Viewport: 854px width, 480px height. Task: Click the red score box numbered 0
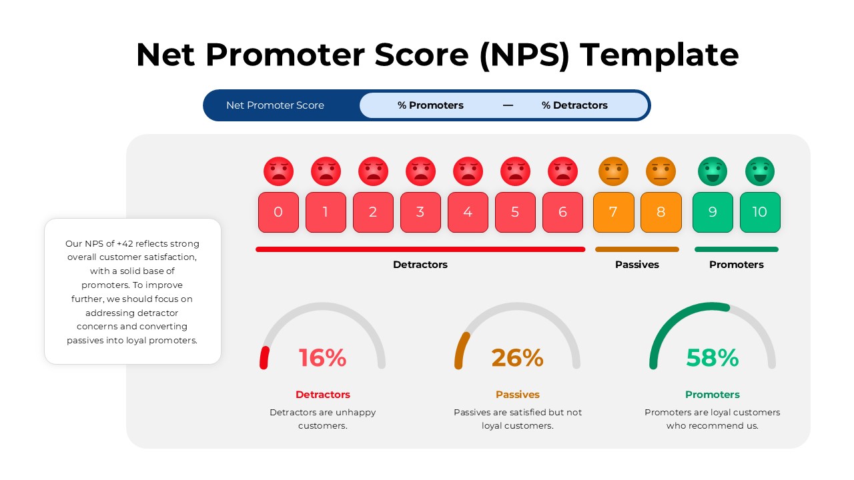coord(278,212)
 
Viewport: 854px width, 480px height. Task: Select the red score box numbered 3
coord(420,212)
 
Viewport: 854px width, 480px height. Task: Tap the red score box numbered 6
coord(562,212)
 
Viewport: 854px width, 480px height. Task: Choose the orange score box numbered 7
coord(613,212)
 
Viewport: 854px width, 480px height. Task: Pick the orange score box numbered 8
coord(661,212)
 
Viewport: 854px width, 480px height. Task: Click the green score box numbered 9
coord(713,212)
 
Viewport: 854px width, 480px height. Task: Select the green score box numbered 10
coord(760,212)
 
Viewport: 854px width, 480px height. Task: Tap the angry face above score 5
coord(515,171)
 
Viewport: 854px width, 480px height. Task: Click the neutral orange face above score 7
coord(613,171)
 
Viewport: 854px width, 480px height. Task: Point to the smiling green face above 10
coord(760,171)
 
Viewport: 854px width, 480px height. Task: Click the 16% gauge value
coord(322,358)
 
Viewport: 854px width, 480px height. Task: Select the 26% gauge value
coord(517,358)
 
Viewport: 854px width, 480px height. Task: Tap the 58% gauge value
coord(713,358)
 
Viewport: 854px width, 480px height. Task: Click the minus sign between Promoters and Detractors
coord(508,105)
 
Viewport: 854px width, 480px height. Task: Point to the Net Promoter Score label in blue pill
coord(275,105)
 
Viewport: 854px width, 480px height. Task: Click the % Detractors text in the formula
coord(574,105)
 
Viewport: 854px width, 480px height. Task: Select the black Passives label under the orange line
coord(636,265)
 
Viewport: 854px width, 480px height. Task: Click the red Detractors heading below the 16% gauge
coord(322,395)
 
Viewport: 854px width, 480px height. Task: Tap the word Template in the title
coord(659,55)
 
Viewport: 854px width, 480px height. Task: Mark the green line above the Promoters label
coord(736,249)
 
